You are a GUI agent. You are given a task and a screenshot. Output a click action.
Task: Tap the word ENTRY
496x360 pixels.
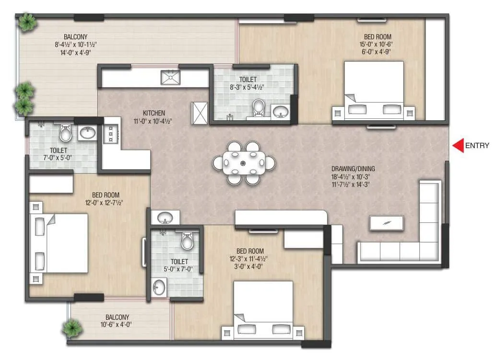(477, 146)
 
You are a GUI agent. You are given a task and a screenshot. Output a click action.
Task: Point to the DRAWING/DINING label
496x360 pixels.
(353, 169)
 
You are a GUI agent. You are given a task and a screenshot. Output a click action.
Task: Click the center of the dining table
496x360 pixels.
(244, 163)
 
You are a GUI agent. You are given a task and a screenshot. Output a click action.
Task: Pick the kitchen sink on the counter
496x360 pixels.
(170, 77)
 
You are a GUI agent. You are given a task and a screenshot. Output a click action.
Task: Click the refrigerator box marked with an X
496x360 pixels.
(199, 113)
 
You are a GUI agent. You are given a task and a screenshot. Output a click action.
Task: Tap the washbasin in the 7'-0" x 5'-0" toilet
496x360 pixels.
(88, 133)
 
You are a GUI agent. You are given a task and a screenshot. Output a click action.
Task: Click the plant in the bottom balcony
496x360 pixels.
(72, 328)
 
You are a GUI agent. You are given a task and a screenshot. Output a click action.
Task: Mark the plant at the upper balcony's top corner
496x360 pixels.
(27, 22)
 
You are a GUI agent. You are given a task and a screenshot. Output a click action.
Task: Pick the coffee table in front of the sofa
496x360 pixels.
(386, 222)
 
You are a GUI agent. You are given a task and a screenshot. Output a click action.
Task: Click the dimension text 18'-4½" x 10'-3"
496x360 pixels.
(353, 176)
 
